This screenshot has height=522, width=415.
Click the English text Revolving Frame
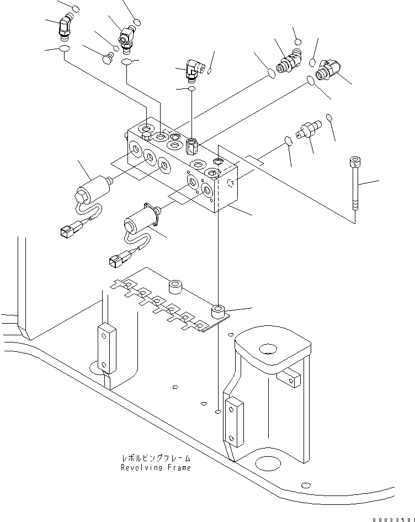(x=156, y=467)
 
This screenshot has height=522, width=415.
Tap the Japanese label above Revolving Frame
(x=156, y=458)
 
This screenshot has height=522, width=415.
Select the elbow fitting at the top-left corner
(x=66, y=27)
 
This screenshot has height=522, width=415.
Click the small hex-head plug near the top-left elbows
(x=108, y=56)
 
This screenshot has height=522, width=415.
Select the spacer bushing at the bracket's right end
(x=219, y=311)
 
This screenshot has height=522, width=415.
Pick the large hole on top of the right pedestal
(x=268, y=349)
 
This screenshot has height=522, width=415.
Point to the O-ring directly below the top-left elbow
(x=65, y=50)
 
